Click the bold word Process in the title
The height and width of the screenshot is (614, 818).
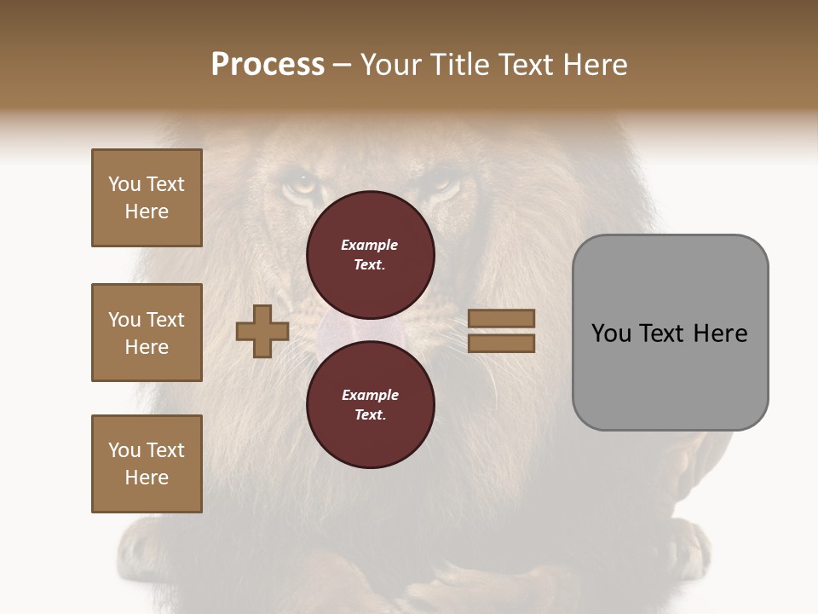268,65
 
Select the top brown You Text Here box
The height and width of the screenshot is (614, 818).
147,198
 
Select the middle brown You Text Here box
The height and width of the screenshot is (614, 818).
147,333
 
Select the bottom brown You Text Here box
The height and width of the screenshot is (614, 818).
147,464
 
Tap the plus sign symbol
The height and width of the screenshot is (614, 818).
262,331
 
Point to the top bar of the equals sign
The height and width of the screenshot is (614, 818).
502,318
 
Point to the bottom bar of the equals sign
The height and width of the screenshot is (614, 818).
502,344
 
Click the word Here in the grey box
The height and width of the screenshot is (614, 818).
720,333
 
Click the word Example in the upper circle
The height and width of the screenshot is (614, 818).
370,245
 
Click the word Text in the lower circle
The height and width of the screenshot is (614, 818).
370,415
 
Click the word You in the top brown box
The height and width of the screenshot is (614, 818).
124,184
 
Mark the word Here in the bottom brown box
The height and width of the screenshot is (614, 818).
147,478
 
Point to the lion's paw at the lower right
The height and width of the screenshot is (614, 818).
686,546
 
